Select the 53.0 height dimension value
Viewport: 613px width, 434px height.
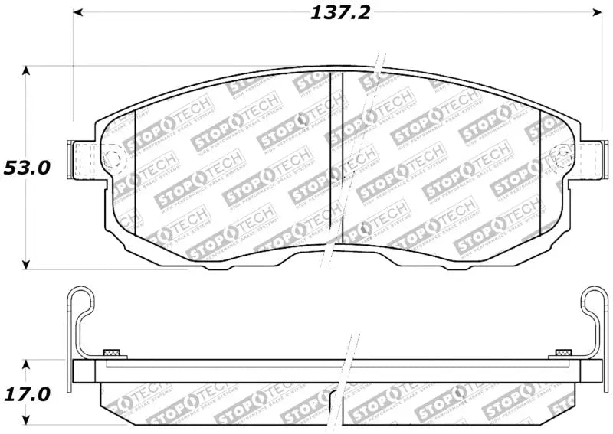tap(27, 168)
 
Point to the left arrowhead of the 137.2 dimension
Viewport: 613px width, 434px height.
tap(79, 12)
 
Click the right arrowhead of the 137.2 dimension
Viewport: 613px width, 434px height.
tap(598, 12)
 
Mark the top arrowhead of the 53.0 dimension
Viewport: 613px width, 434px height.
tap(27, 71)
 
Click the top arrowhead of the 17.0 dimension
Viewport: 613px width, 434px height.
tap(27, 364)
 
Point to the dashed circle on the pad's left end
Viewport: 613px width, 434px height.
tap(113, 159)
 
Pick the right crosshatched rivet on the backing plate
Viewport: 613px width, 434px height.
tap(562, 353)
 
